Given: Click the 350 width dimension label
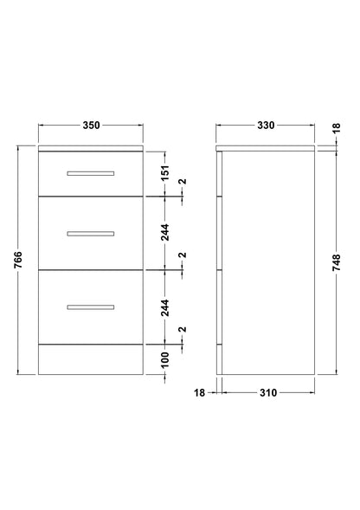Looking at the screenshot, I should click(92, 126).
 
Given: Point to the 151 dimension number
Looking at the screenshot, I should click(165, 173).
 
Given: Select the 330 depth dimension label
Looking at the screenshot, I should click(266, 126).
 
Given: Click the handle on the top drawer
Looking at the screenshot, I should click(91, 173).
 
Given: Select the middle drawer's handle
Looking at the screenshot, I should click(91, 234).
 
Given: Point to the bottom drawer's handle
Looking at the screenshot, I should click(91, 307).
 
